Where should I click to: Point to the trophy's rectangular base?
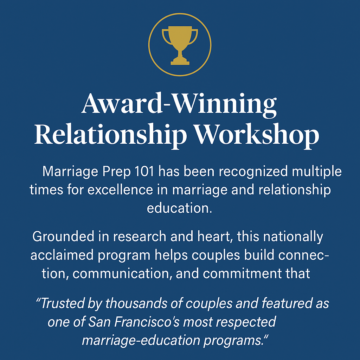(x=180, y=63)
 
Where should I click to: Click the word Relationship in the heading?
(x=110, y=135)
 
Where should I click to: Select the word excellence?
(x=120, y=190)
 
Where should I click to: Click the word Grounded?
(x=63, y=236)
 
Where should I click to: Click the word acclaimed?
(x=62, y=255)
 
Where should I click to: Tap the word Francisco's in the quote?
(x=147, y=322)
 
